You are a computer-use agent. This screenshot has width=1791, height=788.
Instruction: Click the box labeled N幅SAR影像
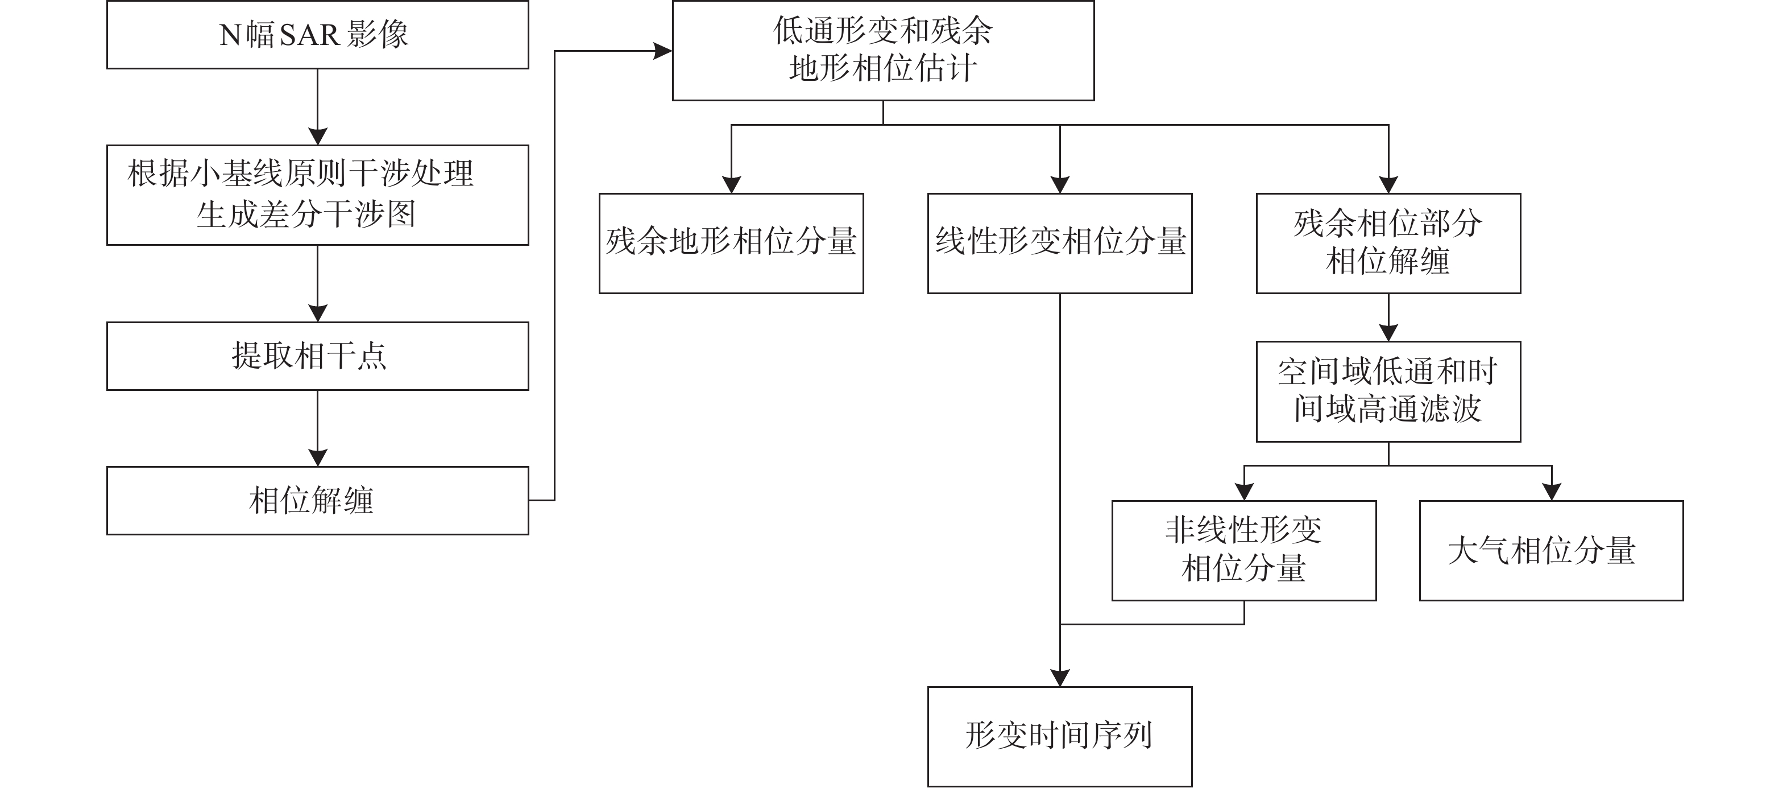point(317,35)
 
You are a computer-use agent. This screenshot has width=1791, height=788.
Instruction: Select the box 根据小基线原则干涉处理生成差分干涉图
point(317,195)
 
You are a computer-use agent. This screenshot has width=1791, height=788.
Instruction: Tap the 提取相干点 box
point(317,356)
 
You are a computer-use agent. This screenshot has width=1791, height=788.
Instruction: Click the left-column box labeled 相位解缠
point(317,500)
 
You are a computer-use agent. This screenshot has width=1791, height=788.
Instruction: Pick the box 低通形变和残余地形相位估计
point(883,50)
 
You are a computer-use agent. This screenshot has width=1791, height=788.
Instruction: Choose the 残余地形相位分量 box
point(731,243)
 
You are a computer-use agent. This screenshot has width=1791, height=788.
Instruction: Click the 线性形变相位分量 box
point(1060,243)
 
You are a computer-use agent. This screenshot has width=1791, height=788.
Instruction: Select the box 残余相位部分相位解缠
point(1388,243)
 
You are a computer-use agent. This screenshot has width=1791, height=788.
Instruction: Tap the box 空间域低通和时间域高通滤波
point(1388,391)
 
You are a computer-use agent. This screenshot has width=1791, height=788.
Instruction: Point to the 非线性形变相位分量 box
point(1244,550)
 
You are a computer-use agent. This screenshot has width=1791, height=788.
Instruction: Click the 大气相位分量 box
point(1551,550)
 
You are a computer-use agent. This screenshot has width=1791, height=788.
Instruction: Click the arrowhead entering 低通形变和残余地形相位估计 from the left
point(662,51)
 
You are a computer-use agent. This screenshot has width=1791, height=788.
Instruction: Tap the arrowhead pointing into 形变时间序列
point(1060,678)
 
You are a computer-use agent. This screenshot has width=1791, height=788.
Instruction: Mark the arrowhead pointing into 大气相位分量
point(1551,491)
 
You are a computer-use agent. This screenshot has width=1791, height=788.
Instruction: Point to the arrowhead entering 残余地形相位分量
point(731,184)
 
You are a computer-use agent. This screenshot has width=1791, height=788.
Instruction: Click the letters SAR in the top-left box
point(308,35)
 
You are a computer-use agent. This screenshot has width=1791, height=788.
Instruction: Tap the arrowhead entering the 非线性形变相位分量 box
point(1244,491)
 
